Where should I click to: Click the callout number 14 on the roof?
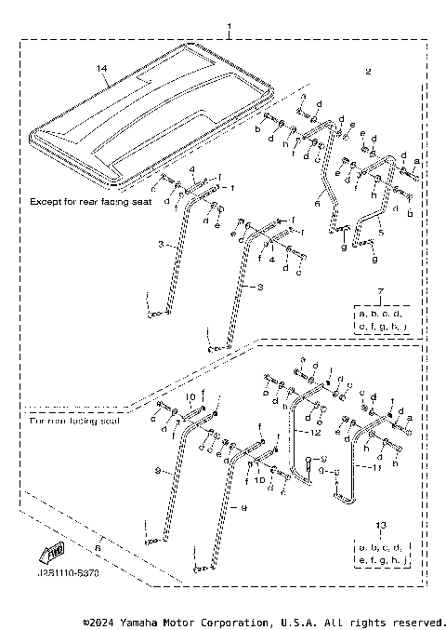pyautogui.click(x=103, y=68)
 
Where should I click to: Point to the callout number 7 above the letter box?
pyautogui.click(x=380, y=294)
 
